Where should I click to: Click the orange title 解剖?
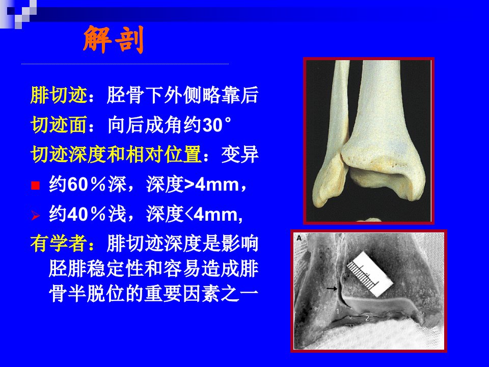coord(114,40)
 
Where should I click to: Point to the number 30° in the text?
coord(217,125)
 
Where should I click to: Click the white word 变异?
coord(240,154)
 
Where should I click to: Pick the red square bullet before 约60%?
coord(36,186)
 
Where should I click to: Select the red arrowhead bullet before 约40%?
coord(36,215)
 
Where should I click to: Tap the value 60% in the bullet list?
coord(87,185)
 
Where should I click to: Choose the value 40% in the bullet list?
coord(87,215)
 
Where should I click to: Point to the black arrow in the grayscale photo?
coord(332,289)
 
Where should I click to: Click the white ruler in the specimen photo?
coord(370,274)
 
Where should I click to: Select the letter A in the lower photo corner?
coord(299,238)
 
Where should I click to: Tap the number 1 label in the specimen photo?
coord(337,311)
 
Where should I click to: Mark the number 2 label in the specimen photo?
coord(367,318)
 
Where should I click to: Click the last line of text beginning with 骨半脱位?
coord(153,294)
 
